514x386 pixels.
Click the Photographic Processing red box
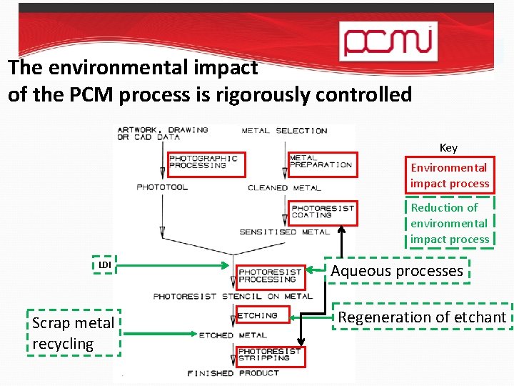coord(206,164)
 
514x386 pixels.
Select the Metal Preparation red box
coord(321,164)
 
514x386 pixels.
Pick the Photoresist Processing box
coord(271,276)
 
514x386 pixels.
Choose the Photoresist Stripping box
coord(268,355)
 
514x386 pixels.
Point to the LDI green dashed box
coord(105,265)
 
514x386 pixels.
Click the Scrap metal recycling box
coord(73,333)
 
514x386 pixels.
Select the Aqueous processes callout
coord(397,271)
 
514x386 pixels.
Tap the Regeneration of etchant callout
coord(423,317)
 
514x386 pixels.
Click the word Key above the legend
coord(448,148)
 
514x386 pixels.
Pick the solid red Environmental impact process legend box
coord(449,175)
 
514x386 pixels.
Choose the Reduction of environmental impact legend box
coord(449,223)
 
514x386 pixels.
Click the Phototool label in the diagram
coord(162,187)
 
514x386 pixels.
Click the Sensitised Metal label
coord(284,232)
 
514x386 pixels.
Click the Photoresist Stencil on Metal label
coord(233,296)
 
